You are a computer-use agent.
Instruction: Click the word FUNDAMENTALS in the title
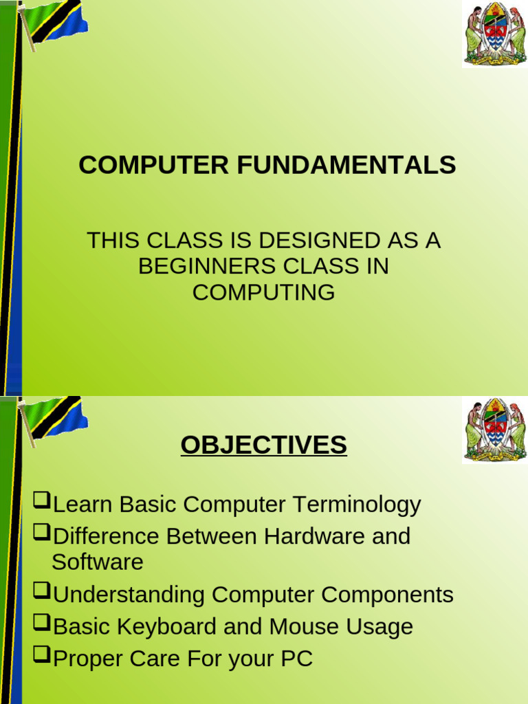click(346, 165)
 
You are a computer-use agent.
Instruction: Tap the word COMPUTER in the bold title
click(153, 165)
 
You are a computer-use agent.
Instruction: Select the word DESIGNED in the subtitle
click(320, 240)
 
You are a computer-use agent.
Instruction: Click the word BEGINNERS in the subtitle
click(207, 266)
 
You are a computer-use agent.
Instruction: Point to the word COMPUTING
click(263, 292)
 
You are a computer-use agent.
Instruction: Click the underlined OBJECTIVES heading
click(263, 445)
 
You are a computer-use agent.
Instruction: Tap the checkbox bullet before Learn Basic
click(42, 500)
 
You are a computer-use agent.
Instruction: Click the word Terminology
click(357, 505)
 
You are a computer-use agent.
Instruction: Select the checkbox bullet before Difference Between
click(42, 533)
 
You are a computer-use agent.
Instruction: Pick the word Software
click(98, 562)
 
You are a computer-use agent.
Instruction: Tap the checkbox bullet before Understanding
click(42, 591)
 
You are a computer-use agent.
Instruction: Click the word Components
click(387, 595)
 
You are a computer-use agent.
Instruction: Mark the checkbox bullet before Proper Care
click(42, 655)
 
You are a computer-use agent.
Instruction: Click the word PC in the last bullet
click(296, 659)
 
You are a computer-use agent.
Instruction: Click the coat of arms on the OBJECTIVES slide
click(495, 430)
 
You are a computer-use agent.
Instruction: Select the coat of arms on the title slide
click(495, 34)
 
